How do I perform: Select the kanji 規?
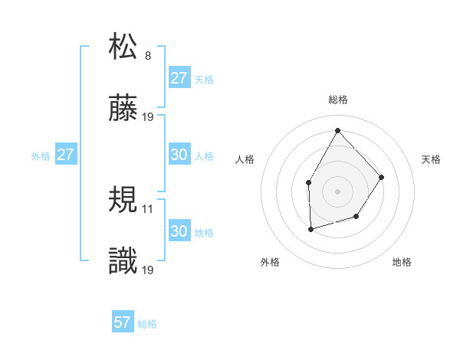[x=124, y=200]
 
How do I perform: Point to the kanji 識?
[x=124, y=262]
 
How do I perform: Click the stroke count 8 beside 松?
[x=148, y=55]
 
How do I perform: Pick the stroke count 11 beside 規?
[x=148, y=208]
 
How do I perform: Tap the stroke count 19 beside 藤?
[x=148, y=117]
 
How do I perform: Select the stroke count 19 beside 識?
[x=148, y=270]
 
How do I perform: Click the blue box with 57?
[x=123, y=322]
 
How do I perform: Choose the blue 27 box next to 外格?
[x=66, y=155]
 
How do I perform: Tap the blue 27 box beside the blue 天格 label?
[x=179, y=78]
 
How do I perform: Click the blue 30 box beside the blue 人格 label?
[x=179, y=155]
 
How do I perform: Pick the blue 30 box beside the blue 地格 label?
[x=179, y=231]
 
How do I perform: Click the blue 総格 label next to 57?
[x=147, y=324]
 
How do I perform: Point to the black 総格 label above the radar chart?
[x=338, y=100]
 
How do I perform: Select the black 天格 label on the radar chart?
[x=431, y=159]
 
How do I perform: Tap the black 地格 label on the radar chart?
[x=402, y=262]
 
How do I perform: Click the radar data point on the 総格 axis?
[x=337, y=129]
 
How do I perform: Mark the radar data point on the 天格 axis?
[x=382, y=177]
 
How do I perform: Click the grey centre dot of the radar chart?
[x=337, y=191]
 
